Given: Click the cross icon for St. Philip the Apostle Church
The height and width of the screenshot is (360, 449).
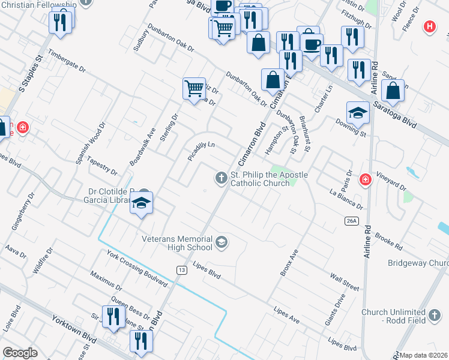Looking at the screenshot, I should [x=221, y=177].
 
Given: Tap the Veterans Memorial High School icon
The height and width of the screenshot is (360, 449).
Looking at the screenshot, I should [x=221, y=242].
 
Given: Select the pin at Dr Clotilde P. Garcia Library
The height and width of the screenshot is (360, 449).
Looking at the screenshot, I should [x=142, y=203].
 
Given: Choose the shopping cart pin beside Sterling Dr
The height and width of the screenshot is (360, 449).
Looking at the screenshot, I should [x=194, y=89].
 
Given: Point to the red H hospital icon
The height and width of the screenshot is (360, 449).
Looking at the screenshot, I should [x=429, y=26].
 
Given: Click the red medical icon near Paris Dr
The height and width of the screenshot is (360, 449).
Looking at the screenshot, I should [x=365, y=179].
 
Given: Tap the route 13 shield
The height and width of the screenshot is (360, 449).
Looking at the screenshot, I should [x=181, y=271].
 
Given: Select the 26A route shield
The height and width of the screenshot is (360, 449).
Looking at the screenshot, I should [x=352, y=221].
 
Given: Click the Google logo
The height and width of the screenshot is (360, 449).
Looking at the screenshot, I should [x=20, y=353].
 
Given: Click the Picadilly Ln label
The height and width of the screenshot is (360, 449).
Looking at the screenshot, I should [x=200, y=152].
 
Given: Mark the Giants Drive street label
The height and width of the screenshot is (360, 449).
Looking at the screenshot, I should [x=336, y=310].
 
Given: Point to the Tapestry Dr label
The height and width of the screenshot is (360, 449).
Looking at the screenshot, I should [x=101, y=167].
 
